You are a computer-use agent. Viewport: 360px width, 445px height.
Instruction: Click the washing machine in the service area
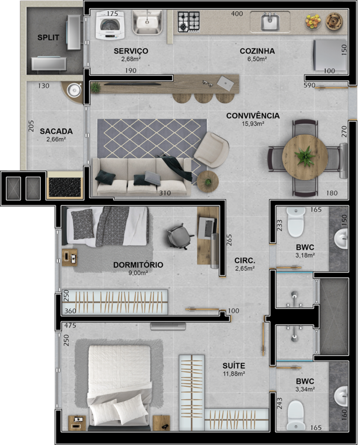110,26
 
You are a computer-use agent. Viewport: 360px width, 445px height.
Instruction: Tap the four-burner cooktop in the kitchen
189,22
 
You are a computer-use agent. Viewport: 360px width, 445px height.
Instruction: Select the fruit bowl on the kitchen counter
313,21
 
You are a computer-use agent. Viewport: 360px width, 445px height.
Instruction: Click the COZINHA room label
257,51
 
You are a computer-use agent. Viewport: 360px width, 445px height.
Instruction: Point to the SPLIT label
49,37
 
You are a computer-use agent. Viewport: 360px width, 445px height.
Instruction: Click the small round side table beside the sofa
208,182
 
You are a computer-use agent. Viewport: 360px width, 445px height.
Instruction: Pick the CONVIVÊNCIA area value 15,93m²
253,124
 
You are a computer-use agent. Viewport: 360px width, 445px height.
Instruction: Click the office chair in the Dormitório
180,236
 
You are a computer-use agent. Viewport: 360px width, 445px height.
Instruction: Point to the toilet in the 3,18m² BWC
296,222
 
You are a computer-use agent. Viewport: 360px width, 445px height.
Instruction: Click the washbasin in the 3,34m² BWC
340,396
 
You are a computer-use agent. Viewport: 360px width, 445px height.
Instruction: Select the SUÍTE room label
234,366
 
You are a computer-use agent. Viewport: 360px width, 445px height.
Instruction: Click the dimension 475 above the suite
71,326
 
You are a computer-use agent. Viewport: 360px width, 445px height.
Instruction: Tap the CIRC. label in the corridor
244,260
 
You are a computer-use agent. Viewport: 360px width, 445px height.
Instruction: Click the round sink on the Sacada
74,90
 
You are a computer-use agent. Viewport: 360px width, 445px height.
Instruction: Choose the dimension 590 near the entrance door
310,85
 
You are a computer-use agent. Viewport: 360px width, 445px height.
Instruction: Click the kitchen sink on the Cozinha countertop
270,22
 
